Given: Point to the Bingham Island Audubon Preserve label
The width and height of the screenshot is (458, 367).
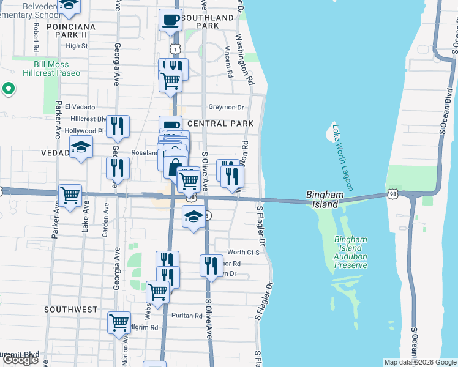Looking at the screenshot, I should click(351, 252).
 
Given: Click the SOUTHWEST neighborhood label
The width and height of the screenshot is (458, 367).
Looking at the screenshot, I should click(70, 310).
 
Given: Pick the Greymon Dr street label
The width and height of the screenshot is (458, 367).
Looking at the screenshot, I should click(226, 107).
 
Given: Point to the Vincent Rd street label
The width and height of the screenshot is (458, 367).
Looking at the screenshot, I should click(229, 62).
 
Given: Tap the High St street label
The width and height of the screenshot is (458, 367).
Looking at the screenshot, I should click(77, 46).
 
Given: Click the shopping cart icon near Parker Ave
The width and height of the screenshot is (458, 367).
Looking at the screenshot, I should click(70, 195).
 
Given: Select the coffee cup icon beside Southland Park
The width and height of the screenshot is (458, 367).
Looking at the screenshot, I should click(170, 20).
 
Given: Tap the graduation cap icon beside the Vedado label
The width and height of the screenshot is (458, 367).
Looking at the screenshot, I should click(81, 147).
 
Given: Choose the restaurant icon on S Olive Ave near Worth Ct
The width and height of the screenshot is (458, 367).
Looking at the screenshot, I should click(211, 265).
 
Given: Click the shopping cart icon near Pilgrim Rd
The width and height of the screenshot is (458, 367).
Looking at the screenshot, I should click(119, 322).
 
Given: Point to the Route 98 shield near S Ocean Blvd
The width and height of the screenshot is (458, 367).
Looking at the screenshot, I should click(391, 194).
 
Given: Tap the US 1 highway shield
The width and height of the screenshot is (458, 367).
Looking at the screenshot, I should click(176, 48).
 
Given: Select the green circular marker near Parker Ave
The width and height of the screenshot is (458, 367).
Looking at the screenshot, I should click(8, 89).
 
